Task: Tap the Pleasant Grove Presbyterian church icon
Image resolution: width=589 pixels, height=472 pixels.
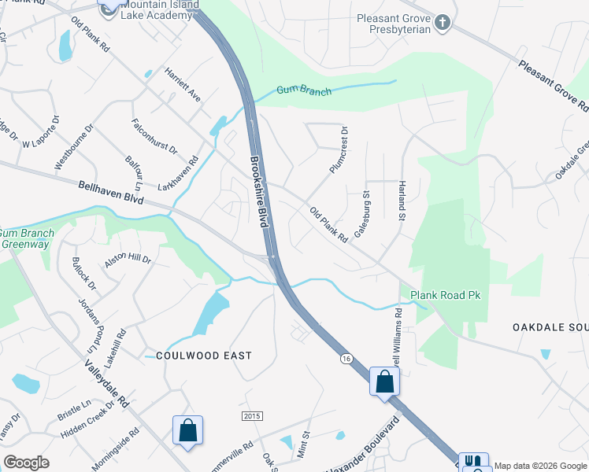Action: coord(443,22)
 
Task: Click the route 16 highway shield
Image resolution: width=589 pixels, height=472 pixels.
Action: coord(346,359)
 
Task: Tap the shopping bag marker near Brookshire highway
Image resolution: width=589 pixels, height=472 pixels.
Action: coord(384,382)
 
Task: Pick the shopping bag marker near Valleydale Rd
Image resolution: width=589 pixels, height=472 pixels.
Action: coord(188,430)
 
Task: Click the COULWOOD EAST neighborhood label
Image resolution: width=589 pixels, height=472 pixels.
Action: coord(204,356)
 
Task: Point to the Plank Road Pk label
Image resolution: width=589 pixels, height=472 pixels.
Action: coord(445,296)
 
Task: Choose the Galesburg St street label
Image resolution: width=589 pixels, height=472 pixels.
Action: coord(363,213)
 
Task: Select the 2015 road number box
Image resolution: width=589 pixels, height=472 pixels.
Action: coord(251,415)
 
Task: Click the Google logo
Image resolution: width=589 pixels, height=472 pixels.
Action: coord(26,462)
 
